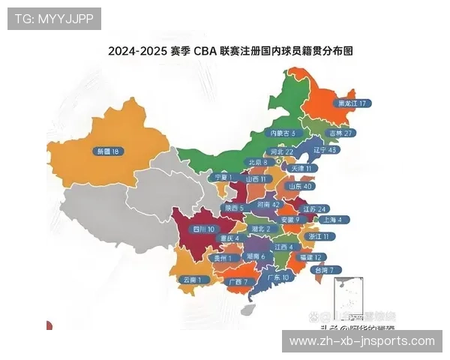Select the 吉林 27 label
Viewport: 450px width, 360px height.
click(x=340, y=133)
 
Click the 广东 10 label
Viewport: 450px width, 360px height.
click(x=277, y=277)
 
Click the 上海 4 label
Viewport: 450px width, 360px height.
click(x=331, y=220)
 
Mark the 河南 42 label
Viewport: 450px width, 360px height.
click(x=268, y=204)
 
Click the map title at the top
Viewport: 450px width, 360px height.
click(x=229, y=52)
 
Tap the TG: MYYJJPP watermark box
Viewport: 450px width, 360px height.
click(x=54, y=18)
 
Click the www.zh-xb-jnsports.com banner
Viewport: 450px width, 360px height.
click(x=361, y=341)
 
